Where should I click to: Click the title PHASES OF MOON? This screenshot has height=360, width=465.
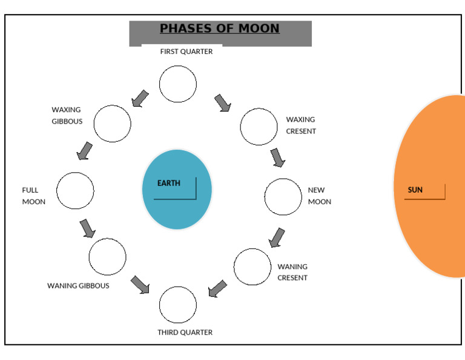[x=220, y=28]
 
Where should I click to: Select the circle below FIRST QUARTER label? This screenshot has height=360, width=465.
[x=178, y=84]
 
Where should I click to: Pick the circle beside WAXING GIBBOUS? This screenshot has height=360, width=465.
[x=112, y=124]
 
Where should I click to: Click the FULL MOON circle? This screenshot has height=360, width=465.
[x=75, y=191]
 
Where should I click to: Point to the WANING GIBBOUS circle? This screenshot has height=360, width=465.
[x=107, y=257]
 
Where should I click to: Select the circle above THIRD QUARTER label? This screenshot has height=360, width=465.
[x=178, y=304]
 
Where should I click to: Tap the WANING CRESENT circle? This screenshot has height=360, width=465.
[x=252, y=267]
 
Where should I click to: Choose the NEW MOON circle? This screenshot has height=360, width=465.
[x=283, y=197]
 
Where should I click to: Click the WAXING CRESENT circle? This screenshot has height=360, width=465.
[x=259, y=127]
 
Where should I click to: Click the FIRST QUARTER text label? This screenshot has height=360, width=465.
[x=186, y=52]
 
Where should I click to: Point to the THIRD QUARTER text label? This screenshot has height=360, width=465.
[x=185, y=332]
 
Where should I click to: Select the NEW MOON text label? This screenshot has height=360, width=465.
[x=319, y=196]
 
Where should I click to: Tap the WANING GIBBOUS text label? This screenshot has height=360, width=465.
[x=78, y=285]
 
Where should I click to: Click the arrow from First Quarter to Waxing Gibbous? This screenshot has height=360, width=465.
[x=140, y=98]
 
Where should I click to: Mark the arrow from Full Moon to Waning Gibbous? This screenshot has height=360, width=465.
[x=88, y=228]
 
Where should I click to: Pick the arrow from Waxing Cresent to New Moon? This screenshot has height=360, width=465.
[x=277, y=158]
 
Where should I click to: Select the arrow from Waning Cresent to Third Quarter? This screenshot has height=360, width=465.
[x=217, y=288]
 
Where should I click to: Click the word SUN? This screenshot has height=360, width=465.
[x=415, y=190]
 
